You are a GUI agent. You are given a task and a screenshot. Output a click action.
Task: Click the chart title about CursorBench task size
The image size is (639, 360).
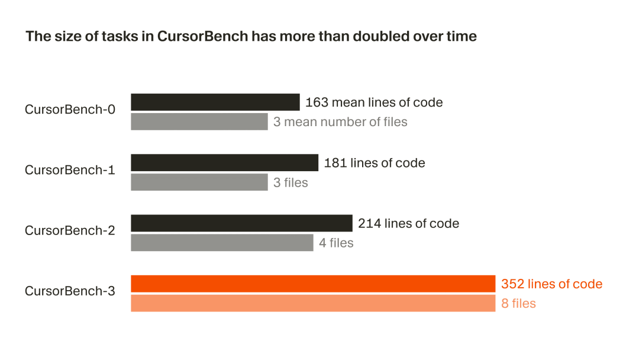(x=251, y=36)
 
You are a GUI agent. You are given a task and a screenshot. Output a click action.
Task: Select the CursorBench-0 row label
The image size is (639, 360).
(x=70, y=110)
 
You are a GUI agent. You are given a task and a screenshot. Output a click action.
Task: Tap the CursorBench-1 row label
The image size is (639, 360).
(x=70, y=170)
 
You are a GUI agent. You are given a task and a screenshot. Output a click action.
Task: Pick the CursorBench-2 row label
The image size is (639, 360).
(x=70, y=230)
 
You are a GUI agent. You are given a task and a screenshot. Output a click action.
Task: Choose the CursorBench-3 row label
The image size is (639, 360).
(x=70, y=291)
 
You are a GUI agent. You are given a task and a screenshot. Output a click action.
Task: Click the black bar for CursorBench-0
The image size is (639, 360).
(x=215, y=102)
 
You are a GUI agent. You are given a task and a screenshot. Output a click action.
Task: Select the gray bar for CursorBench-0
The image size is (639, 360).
(x=199, y=122)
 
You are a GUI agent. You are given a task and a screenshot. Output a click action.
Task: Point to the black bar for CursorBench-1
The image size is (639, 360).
(x=224, y=162)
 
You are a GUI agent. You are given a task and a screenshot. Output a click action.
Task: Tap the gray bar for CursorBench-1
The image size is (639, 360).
(x=199, y=182)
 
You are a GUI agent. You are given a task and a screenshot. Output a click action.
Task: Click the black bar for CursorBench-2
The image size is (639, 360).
(x=241, y=223)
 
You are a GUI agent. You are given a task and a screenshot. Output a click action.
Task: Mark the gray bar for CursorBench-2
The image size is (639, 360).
(x=222, y=243)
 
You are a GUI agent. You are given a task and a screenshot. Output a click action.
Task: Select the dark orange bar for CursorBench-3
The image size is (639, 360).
(x=312, y=284)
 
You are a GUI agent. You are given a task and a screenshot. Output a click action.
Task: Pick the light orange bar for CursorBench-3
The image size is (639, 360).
(x=312, y=304)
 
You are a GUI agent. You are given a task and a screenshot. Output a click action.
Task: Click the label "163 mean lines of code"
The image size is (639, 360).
(x=374, y=102)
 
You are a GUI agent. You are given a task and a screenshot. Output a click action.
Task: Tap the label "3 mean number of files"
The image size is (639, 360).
(x=340, y=122)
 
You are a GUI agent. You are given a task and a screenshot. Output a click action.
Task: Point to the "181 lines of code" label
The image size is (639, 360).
(x=375, y=163)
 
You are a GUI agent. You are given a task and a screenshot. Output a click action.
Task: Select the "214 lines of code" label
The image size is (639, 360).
(x=408, y=223)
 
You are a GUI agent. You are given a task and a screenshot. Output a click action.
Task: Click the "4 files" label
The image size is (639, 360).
(x=336, y=243)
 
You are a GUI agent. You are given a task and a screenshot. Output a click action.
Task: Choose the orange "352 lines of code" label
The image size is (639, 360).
(x=551, y=284)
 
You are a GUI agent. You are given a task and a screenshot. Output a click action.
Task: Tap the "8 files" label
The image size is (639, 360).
(x=518, y=304)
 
